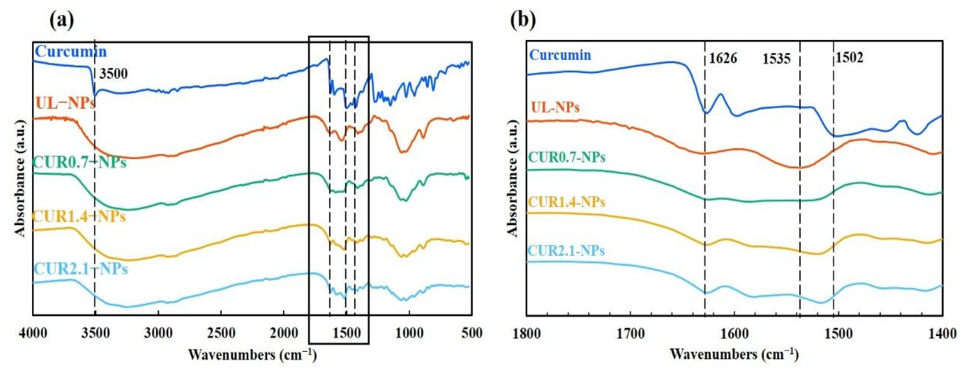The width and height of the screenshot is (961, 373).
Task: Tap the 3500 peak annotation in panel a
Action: coord(113,74)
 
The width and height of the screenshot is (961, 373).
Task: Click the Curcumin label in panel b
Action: coord(560,55)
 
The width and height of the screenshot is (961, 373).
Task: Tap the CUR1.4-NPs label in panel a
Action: coord(79,217)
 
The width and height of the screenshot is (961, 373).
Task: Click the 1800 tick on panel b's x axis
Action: coord(527,333)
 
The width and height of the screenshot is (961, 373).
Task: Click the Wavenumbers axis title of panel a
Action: coord(253,355)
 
